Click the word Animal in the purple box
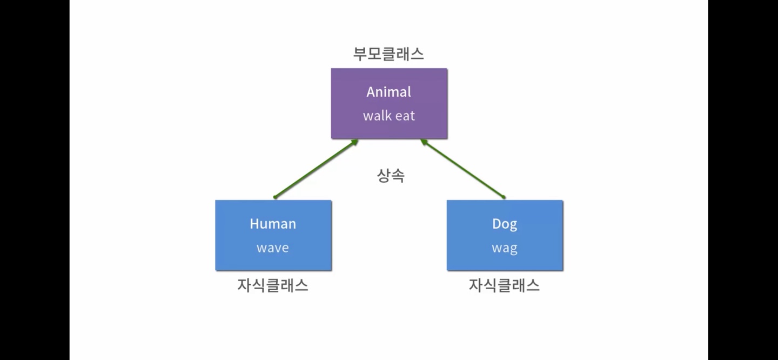[388, 92]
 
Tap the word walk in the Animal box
[377, 116]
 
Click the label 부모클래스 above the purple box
[388, 54]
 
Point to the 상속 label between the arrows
[390, 176]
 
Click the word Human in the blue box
[273, 224]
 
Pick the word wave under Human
[273, 248]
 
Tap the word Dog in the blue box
[505, 224]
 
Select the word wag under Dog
[505, 249]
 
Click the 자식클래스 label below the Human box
[273, 285]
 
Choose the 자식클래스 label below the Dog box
[504, 285]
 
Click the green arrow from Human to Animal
[316, 169]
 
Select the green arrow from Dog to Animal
[463, 169]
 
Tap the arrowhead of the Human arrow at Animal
[355, 142]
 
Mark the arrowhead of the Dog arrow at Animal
[424, 142]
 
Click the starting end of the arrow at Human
[276, 197]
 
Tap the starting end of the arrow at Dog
[503, 197]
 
